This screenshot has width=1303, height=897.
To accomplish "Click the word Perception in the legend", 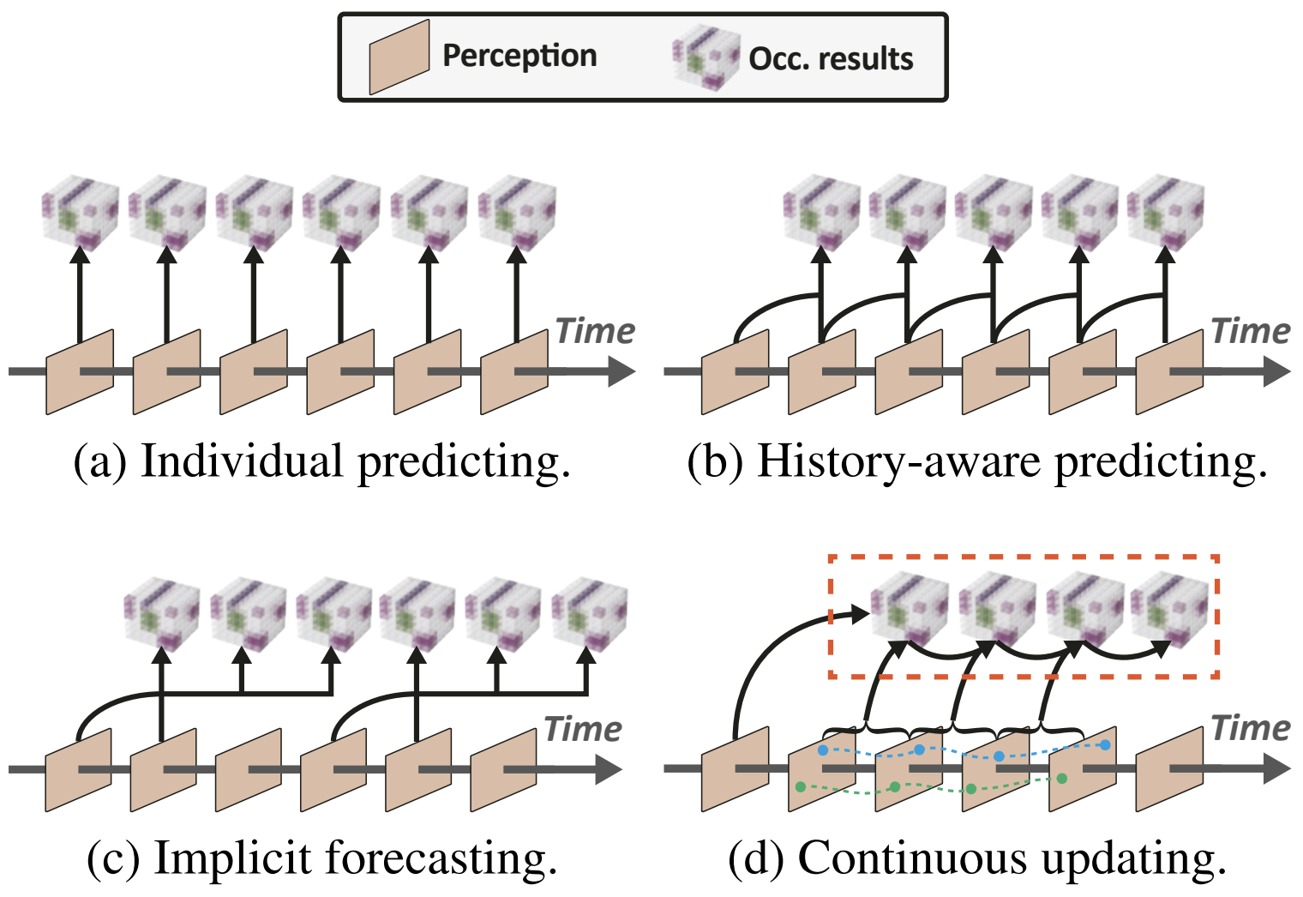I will (x=519, y=56).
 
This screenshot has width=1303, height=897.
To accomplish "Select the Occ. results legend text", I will (x=830, y=58).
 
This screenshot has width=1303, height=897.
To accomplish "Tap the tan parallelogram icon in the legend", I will (x=399, y=57).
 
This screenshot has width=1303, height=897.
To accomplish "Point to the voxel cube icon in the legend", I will (x=706, y=57).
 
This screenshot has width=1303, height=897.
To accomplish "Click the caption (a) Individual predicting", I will (x=321, y=461).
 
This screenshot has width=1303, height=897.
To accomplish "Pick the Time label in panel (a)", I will (x=595, y=331).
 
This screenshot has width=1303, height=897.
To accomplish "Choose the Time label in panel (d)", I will (x=1250, y=728).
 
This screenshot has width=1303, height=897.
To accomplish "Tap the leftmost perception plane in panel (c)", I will (x=78, y=769).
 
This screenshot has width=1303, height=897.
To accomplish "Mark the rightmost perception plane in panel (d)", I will (x=1169, y=769).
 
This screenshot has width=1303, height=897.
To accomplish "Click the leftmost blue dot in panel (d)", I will (x=823, y=750).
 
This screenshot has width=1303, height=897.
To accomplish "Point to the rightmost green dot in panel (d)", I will (x=1061, y=779).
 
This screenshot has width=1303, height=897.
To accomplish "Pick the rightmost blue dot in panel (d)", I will (x=1105, y=745).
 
